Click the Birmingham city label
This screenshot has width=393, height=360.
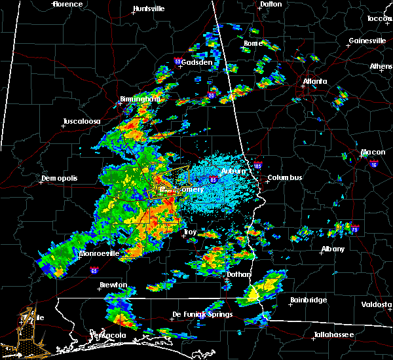140,99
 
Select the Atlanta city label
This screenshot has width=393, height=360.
314,82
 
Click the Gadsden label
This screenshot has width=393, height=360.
196,63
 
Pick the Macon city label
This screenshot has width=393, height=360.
373,154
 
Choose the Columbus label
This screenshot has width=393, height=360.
284,177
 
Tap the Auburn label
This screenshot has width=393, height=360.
233,171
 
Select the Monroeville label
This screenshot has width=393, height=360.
99,253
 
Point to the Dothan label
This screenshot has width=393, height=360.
238,275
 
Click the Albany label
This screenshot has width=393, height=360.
335,249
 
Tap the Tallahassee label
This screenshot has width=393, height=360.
333,334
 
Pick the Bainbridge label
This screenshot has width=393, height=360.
309,300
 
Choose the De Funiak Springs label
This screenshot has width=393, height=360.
202,315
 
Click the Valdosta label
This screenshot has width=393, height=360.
377,305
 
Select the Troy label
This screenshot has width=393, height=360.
189,232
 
